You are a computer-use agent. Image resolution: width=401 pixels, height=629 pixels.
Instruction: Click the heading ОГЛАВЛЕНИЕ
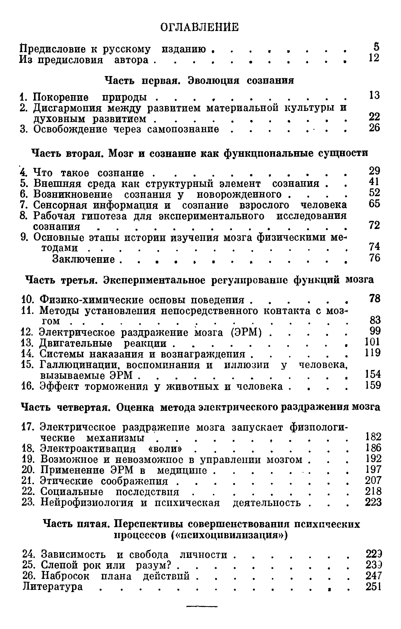200,27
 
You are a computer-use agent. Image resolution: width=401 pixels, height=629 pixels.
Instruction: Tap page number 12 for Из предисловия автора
374,58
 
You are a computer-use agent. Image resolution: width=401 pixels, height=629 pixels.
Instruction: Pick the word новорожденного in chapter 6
239,194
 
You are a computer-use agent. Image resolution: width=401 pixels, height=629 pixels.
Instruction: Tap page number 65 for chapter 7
374,204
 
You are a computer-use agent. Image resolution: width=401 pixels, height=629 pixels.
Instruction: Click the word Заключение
84,259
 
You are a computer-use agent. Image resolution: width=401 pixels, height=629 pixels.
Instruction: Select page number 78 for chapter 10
375,298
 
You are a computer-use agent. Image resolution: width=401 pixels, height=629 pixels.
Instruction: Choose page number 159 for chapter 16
373,385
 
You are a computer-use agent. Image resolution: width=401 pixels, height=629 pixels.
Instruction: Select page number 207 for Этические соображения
373,480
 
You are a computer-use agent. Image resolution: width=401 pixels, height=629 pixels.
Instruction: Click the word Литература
53,586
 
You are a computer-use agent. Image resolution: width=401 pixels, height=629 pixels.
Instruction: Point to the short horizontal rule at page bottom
202,606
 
